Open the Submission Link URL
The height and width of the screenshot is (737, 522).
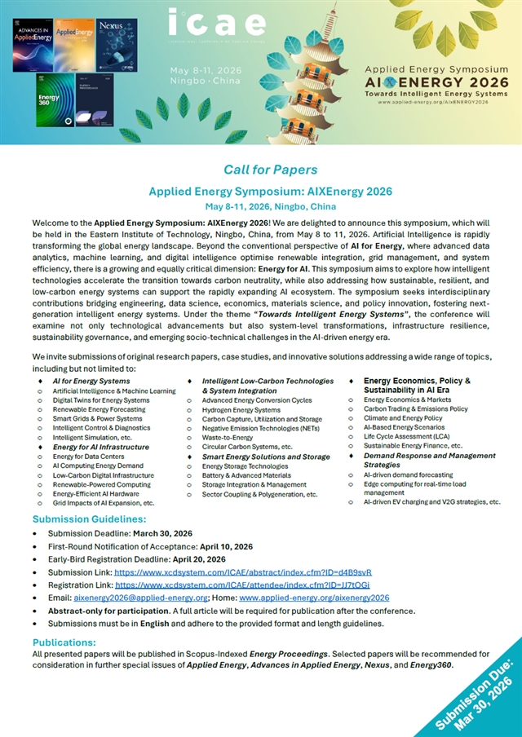click(243, 573)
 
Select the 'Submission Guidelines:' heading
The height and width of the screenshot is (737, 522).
click(90, 519)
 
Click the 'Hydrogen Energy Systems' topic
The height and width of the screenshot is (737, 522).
click(240, 410)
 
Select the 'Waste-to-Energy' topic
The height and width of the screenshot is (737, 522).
click(227, 438)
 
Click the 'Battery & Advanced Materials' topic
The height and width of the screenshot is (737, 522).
click(246, 475)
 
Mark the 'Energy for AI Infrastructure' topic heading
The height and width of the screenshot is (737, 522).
click(101, 448)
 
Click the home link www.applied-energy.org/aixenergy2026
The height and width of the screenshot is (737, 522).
click(326, 597)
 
